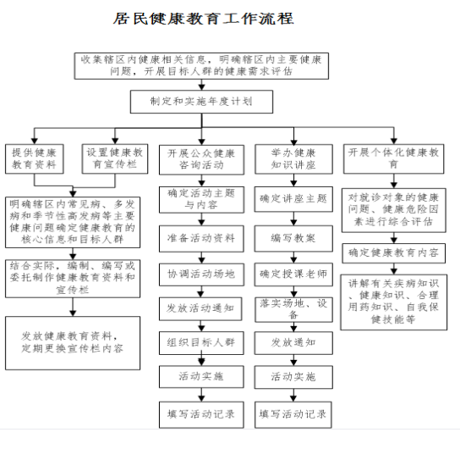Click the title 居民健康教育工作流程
[203, 19]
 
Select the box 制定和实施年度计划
[201, 102]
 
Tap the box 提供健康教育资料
[34, 159]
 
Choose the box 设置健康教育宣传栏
[115, 159]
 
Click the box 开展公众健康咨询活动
[201, 160]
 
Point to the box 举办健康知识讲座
[293, 159]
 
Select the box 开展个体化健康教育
[393, 159]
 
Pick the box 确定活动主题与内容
[201, 200]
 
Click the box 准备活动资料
[201, 239]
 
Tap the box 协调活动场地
[201, 274]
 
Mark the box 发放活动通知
[200, 309]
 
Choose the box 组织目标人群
[201, 343]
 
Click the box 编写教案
[293, 239]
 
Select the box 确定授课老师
[293, 274]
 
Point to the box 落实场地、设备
[293, 310]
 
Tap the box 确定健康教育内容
[394, 253]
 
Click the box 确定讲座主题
[293, 199]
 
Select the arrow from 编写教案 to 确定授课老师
[293, 258]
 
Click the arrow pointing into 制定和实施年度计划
[201, 85]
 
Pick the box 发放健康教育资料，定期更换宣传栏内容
[73, 343]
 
